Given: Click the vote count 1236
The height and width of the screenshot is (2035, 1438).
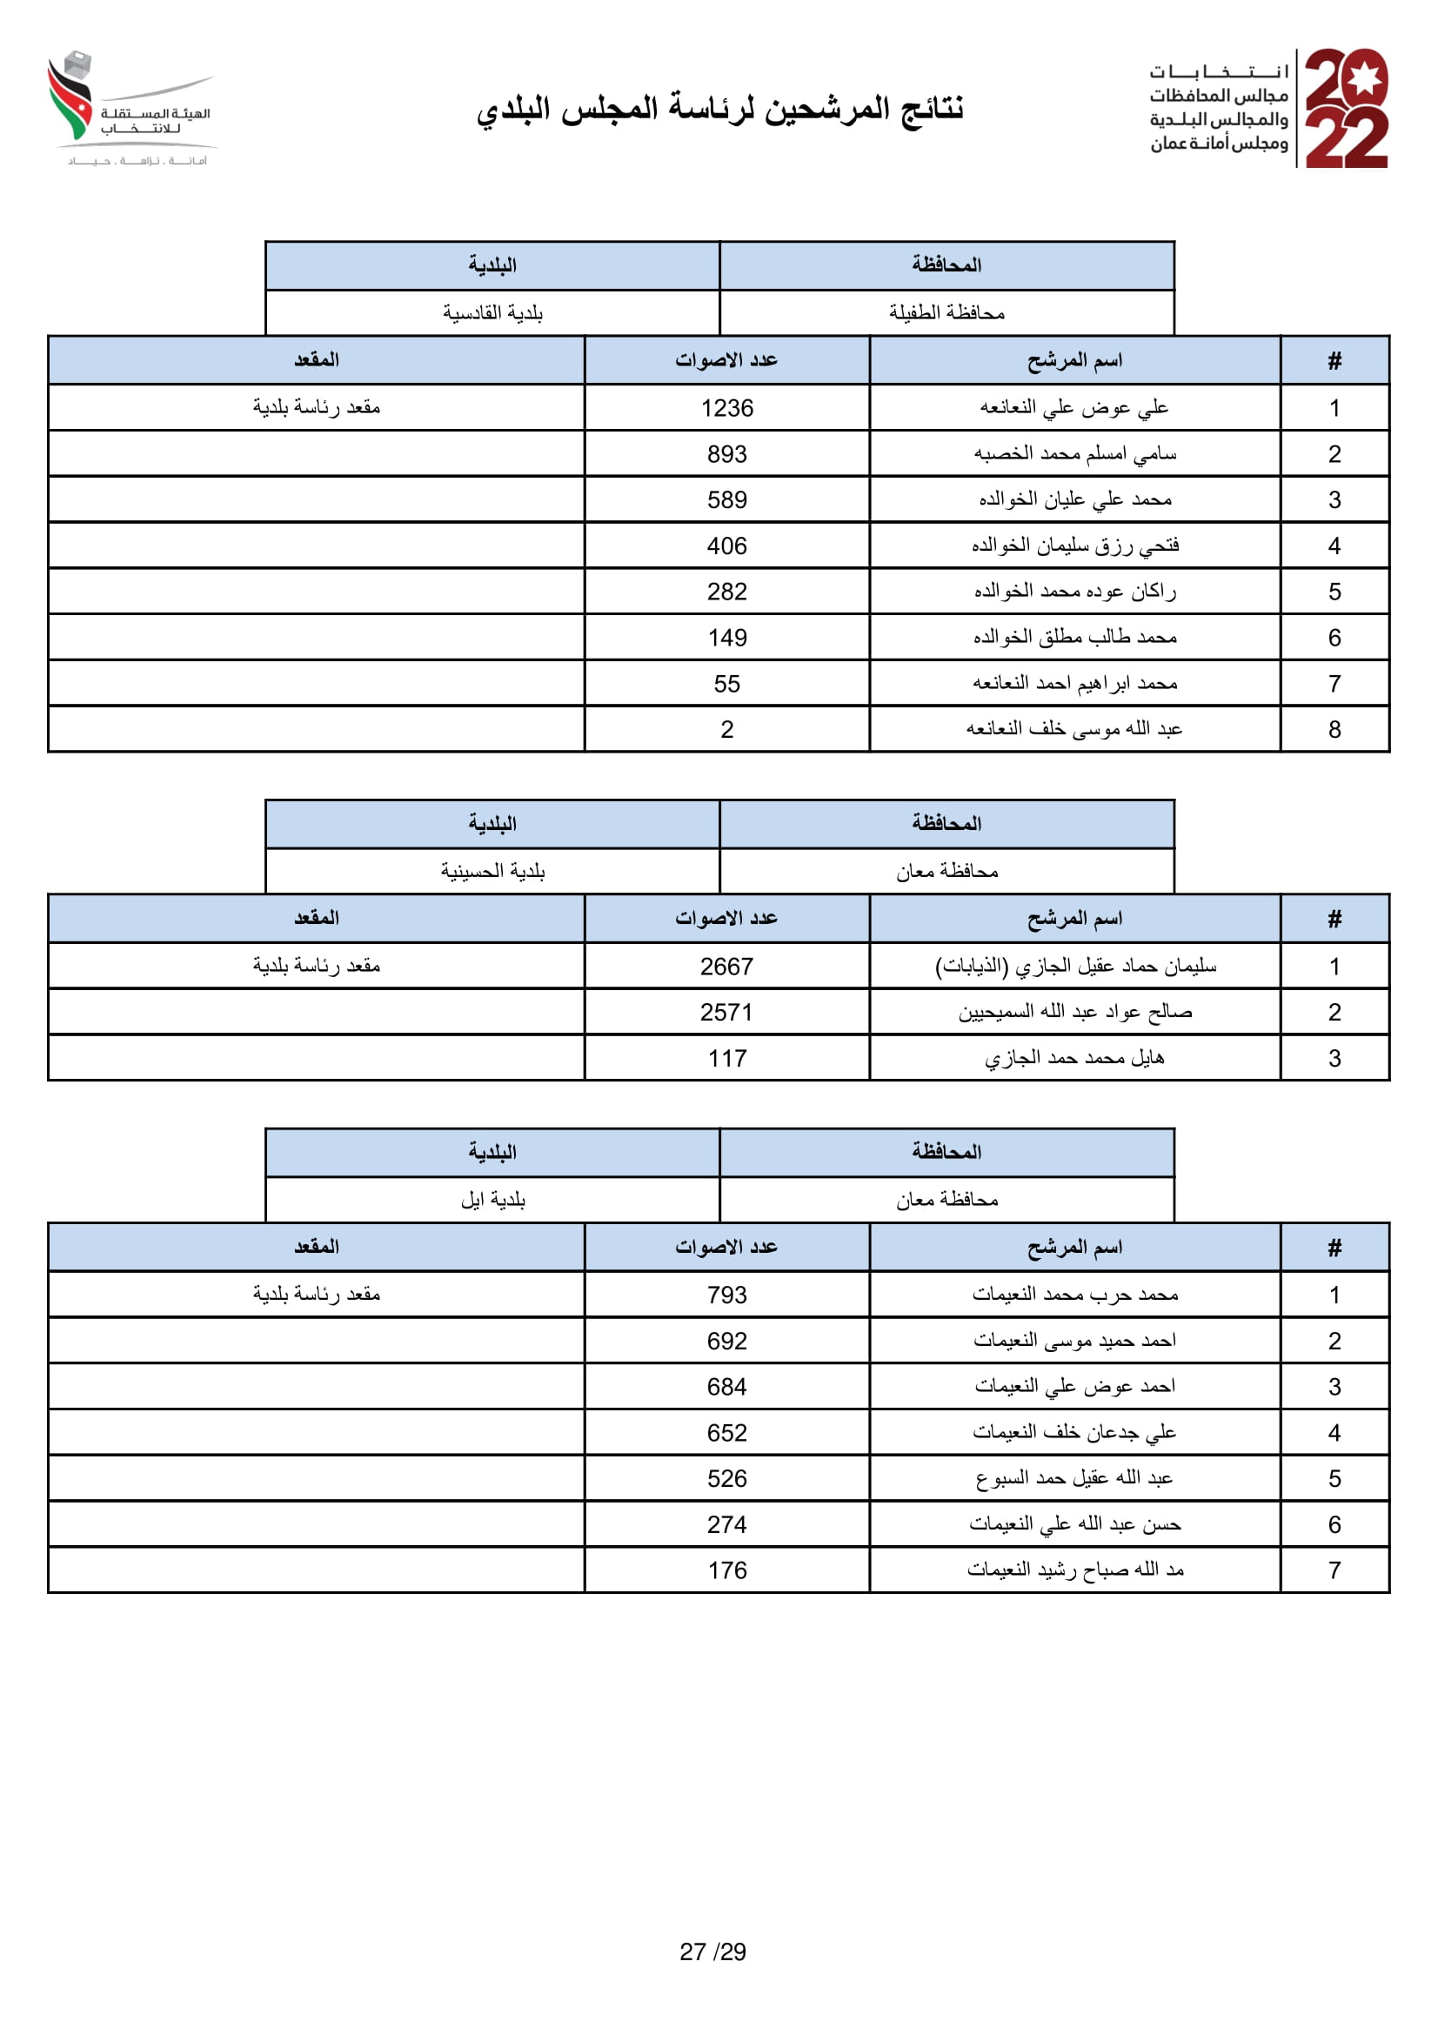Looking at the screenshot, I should pyautogui.click(x=726, y=409).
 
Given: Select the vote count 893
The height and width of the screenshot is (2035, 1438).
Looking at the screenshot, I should pyautogui.click(x=726, y=455).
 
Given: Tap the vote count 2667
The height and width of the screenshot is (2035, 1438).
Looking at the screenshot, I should pyautogui.click(x=726, y=967).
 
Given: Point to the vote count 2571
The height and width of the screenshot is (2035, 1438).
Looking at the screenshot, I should pyautogui.click(x=726, y=1013).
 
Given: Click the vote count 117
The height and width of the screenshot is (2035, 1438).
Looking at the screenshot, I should pyautogui.click(x=726, y=1059).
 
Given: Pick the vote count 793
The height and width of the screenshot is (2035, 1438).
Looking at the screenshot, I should pyautogui.click(x=726, y=1295).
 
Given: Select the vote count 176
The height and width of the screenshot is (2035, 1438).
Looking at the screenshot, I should pyautogui.click(x=726, y=1571).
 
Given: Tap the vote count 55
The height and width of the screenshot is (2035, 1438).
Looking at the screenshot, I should pyautogui.click(x=726, y=684).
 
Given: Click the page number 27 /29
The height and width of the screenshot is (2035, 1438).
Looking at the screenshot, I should pyautogui.click(x=713, y=1951).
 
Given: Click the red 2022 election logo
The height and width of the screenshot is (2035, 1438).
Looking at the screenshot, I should pyautogui.click(x=1346, y=108).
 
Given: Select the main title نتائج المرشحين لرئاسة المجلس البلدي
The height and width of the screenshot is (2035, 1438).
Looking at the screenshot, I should pyautogui.click(x=719, y=109).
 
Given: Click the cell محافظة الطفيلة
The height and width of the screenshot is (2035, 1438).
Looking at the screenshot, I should pyautogui.click(x=946, y=313).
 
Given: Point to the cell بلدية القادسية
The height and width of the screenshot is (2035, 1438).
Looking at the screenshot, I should pyautogui.click(x=492, y=313).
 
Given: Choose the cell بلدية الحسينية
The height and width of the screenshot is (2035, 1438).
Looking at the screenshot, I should pyautogui.click(x=492, y=872).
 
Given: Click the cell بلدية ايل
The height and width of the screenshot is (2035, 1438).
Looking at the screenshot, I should pyautogui.click(x=492, y=1200).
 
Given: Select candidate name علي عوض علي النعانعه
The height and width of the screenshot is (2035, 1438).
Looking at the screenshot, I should pyautogui.click(x=1073, y=408).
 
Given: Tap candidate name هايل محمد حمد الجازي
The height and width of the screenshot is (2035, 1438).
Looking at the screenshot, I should pyautogui.click(x=1073, y=1058).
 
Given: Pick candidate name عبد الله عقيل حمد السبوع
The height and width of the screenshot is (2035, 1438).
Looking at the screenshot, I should pyautogui.click(x=1073, y=1478).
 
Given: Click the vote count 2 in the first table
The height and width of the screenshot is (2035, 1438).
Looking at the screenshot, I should pyautogui.click(x=726, y=730).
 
